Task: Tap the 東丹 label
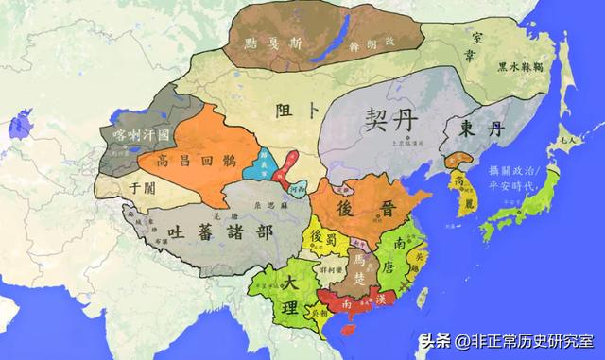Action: click(474, 128)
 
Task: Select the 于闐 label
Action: click(140, 187)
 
